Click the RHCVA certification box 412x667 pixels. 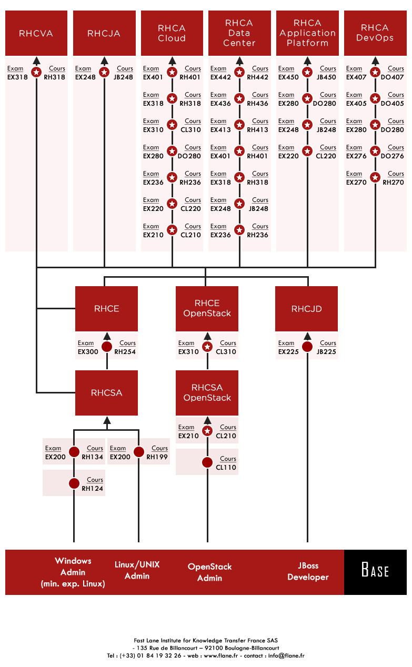36,33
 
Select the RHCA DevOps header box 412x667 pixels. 375,33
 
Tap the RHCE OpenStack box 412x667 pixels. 207,308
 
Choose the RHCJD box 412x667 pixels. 306,308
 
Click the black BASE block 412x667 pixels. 375,572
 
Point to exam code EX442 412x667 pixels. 220,77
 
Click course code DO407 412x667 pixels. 392,77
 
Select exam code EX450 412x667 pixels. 288,77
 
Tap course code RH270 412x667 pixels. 393,182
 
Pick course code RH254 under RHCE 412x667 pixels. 125,352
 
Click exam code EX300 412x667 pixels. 88,352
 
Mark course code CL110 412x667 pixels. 226,468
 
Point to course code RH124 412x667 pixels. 93,488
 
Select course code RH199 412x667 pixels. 157,457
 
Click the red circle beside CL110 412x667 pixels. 207,462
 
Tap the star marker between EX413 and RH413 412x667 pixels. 239,125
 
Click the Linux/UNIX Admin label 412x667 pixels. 137,570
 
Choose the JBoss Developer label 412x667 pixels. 308,571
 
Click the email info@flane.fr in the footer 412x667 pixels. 286,655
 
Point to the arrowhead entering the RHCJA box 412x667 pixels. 104,60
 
